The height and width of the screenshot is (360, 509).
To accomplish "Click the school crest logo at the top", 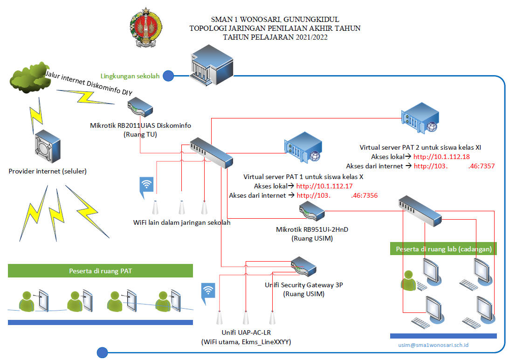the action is tap(145, 28).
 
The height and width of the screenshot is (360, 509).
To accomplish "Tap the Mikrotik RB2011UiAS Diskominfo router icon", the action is tap(140, 107).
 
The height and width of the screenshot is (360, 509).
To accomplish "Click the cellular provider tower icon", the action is tap(48, 146).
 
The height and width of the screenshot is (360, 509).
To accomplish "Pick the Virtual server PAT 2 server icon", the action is tap(420, 118).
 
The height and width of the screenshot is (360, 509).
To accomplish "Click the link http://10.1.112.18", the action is tap(441, 157).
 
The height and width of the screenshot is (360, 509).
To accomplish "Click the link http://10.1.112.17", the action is tap(324, 186).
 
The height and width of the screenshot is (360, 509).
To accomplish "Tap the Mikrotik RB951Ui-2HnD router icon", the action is tap(312, 211).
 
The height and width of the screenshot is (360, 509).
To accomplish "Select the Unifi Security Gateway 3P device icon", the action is tap(303, 267).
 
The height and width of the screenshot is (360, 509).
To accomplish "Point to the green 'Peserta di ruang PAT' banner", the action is tap(100, 271).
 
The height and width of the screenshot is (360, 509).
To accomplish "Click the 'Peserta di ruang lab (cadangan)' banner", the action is tap(443, 249).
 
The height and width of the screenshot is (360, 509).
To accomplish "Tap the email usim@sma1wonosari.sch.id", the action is tap(433, 345).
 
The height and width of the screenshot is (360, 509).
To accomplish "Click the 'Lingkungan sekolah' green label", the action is tap(130, 76).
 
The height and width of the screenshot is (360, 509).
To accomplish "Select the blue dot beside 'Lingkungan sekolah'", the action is tap(168, 76).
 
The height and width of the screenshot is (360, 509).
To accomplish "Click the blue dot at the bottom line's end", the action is tap(102, 353).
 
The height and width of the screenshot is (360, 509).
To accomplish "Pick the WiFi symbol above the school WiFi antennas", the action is tap(146, 187).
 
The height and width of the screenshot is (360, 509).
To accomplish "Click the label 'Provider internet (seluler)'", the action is tap(48, 171).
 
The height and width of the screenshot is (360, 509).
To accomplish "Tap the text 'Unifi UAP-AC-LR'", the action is tap(246, 332).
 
